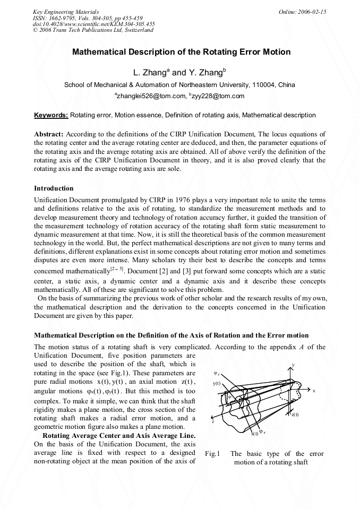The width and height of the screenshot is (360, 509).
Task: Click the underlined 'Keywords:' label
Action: [51, 115]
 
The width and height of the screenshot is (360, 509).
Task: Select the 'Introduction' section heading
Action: [54, 188]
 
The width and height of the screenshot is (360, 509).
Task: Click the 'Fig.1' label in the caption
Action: [212, 454]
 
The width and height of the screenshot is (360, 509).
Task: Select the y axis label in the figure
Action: [293, 365]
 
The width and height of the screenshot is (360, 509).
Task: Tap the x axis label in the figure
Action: [314, 390]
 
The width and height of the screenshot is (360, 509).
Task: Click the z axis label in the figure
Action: [213, 421]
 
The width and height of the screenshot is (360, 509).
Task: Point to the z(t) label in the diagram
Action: [295, 415]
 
